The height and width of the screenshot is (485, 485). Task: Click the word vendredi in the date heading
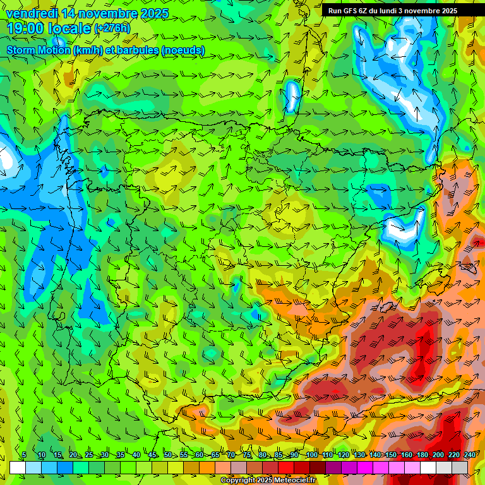[x=31, y=13]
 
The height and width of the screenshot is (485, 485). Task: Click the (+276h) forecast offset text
[x=112, y=28]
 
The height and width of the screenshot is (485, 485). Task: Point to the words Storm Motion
[x=39, y=50]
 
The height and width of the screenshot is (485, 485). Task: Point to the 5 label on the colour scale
[x=24, y=455]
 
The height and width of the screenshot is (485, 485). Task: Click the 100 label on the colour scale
[x=311, y=455]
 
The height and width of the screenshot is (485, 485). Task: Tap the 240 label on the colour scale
[x=470, y=455]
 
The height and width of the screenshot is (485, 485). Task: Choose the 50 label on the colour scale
[x=168, y=455]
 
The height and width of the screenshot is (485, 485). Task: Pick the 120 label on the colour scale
[x=343, y=455]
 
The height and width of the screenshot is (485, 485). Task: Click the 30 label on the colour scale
[x=105, y=455]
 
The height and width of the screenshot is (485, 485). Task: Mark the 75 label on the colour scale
[x=247, y=455]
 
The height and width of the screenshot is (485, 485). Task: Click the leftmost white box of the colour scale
[x=17, y=467]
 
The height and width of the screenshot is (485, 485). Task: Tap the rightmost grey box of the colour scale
[x=460, y=467]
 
